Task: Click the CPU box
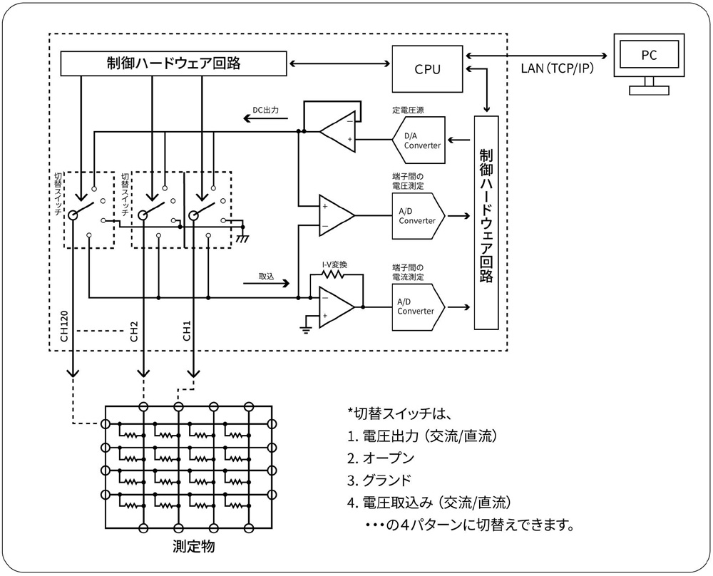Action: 427,68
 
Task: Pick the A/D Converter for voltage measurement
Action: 419,215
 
